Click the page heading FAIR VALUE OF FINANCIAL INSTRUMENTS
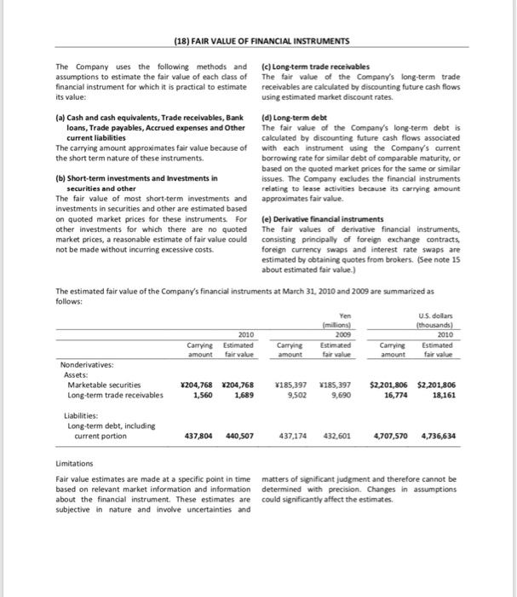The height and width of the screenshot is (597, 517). pos(258,42)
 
